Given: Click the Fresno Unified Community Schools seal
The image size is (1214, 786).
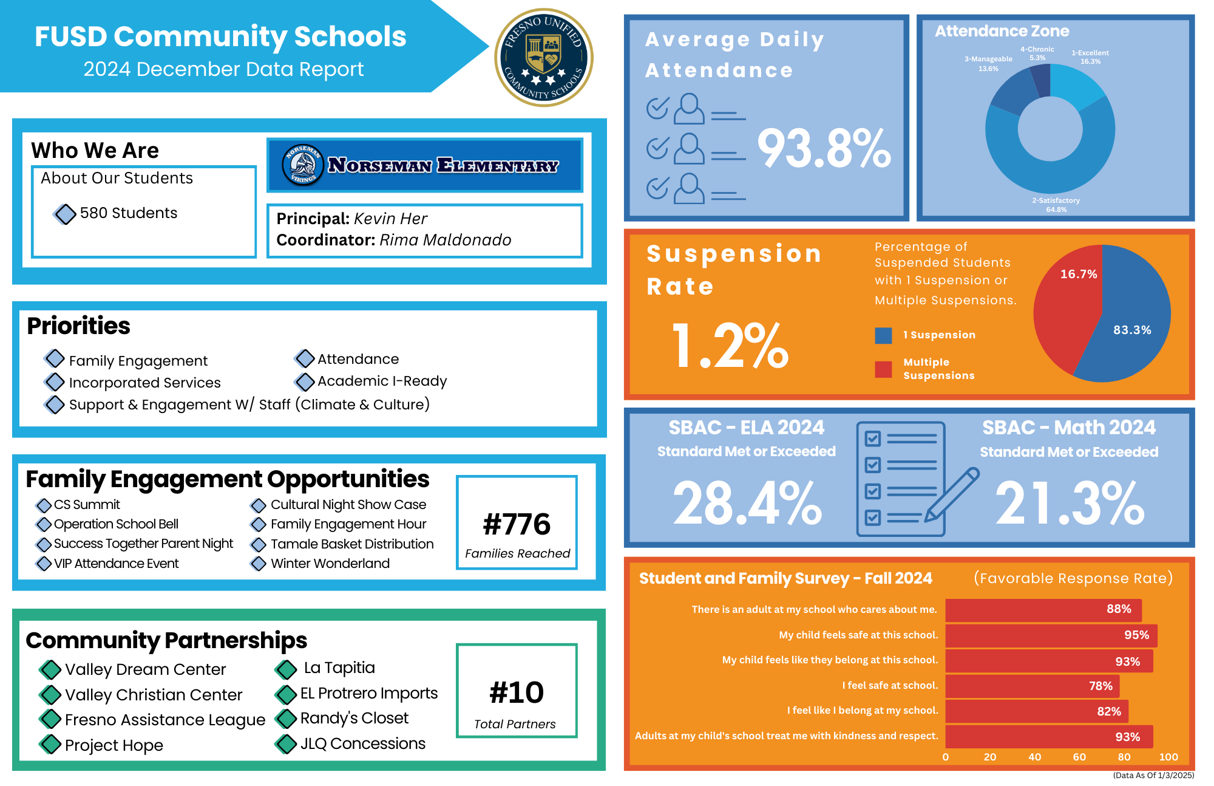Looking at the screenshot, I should [544, 58].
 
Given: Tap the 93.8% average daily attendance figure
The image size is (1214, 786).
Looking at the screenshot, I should [824, 149].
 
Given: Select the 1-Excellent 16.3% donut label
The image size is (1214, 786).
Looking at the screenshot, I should [1090, 57].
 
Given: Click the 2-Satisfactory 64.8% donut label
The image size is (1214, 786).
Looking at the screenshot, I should [1056, 205].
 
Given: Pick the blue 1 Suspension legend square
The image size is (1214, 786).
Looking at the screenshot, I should [883, 335].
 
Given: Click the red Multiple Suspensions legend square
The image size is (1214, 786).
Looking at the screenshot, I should [883, 369].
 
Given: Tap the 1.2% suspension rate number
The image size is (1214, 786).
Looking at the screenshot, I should [730, 346].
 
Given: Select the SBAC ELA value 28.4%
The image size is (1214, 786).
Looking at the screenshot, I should [747, 503].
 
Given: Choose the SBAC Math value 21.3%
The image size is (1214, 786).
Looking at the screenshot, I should [1070, 503].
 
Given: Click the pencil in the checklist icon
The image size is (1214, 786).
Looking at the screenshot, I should [952, 494].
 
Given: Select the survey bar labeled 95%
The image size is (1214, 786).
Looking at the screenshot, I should [1051, 635].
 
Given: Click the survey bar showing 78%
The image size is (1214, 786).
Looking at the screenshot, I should [1032, 686].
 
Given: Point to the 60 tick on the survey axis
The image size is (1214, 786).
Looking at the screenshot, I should [1079, 757].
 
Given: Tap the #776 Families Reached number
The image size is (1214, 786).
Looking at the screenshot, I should [517, 524].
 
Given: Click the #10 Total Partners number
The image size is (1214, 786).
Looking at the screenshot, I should [517, 692].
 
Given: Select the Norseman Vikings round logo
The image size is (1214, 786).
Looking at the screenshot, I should [302, 165].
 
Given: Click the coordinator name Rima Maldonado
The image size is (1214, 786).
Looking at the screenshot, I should [446, 240].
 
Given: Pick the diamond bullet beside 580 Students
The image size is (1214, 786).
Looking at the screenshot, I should [65, 214].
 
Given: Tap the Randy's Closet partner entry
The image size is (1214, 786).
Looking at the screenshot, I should [354, 719].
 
